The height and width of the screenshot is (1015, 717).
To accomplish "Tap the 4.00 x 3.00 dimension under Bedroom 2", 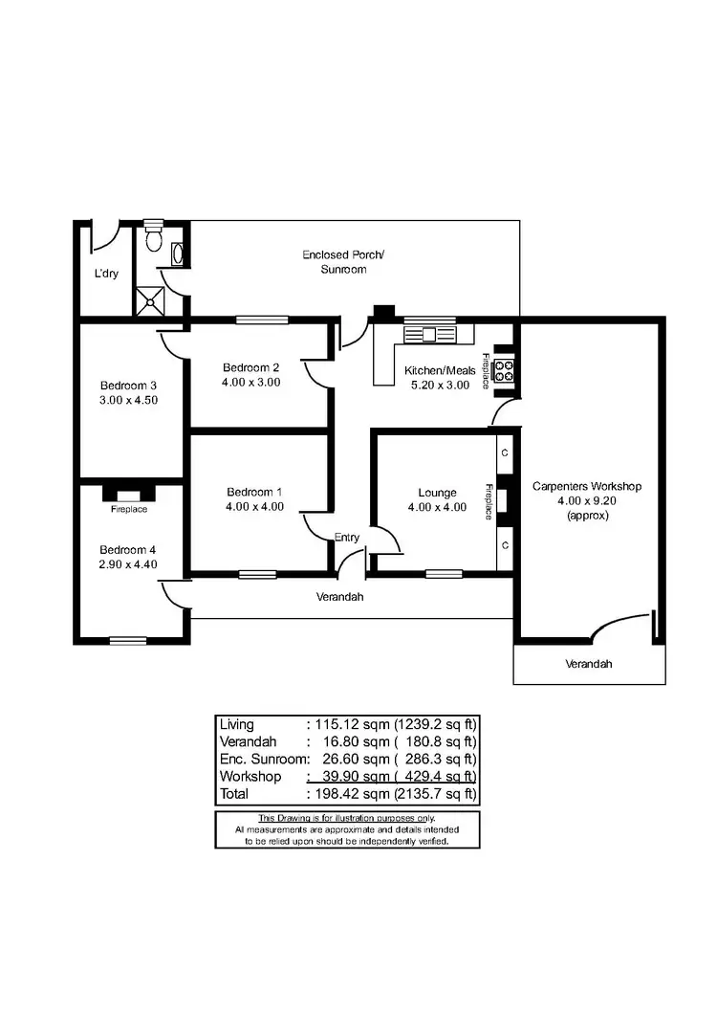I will point(251,382).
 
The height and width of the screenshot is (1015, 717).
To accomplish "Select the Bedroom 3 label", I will point(129,386).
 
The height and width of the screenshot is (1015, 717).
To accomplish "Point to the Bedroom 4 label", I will point(129,550).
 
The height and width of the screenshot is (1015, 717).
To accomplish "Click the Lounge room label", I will point(438,494).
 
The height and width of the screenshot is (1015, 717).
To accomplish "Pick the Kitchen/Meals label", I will point(440,370).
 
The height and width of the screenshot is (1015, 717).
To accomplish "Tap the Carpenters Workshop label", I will point(587,486).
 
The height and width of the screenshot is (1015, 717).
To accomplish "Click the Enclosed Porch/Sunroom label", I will point(342,255).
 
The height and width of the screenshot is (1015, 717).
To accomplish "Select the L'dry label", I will point(105,274).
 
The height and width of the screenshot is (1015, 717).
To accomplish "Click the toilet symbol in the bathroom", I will point(153,236).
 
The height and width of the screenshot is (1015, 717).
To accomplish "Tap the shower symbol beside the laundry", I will point(150,301).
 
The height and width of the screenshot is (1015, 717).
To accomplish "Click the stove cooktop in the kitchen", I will point(505,370).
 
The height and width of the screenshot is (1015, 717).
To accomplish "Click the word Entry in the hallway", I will point(347,538).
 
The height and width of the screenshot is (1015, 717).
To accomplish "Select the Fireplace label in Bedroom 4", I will point(129,509).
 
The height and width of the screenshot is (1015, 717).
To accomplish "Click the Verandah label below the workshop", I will point(588,664).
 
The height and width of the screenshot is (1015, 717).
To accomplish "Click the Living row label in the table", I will point(237,724).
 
